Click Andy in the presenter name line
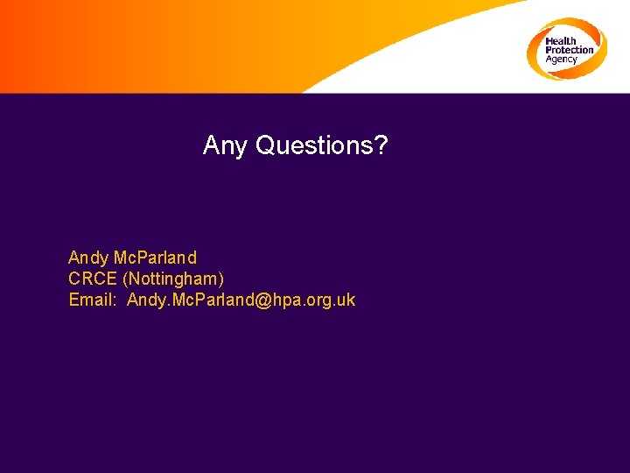(x=88, y=258)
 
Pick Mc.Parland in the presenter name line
(x=156, y=258)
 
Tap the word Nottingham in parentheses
(x=174, y=279)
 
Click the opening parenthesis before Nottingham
(x=126, y=279)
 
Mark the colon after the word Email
(x=115, y=300)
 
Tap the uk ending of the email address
(x=346, y=300)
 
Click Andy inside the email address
(x=146, y=300)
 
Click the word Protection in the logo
(x=569, y=50)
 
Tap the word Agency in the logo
(x=562, y=60)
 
